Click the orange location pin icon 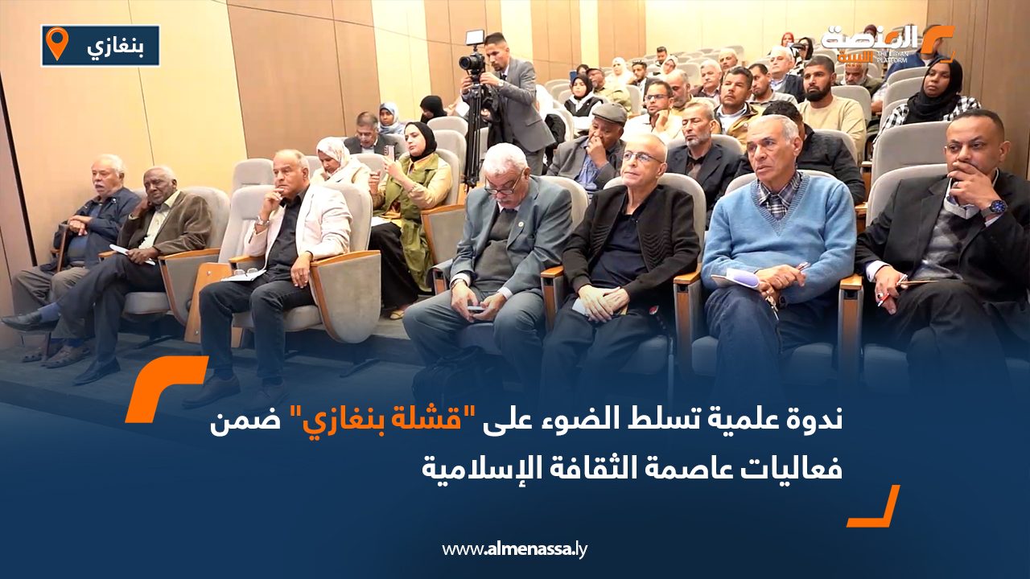(x=57, y=43)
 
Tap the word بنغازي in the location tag (x=115, y=47)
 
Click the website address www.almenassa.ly (x=514, y=549)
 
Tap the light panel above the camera (x=476, y=37)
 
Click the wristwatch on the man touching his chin (x=993, y=207)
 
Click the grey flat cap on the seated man (x=609, y=112)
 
